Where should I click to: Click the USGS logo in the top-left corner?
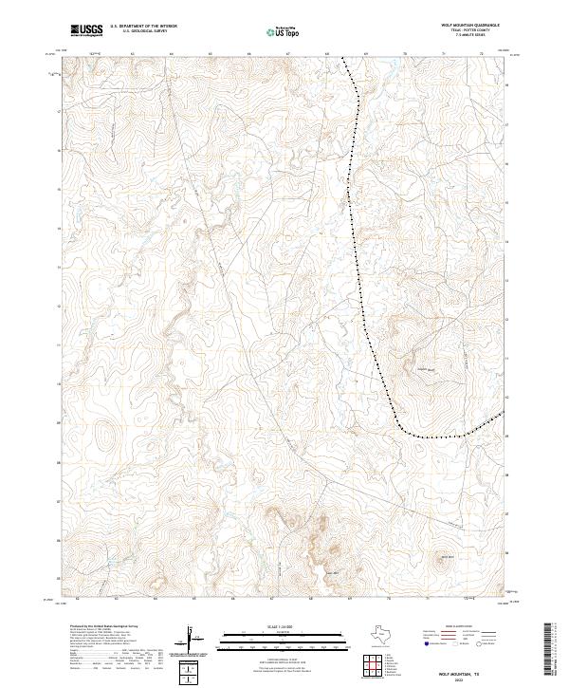click(87, 30)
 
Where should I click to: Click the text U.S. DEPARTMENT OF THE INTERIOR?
click(143, 27)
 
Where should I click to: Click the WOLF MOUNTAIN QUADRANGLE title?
click(470, 26)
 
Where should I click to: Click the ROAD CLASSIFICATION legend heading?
click(459, 626)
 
